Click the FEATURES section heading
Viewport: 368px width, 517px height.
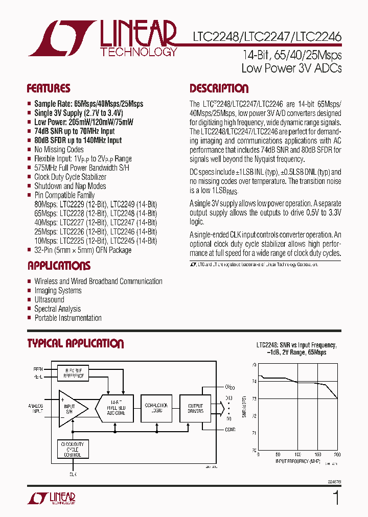(49, 88)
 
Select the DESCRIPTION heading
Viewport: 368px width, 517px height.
(219, 88)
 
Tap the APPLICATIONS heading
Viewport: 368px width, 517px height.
(59, 266)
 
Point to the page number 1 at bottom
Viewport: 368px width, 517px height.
(336, 498)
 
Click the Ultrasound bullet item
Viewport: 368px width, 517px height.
(49, 300)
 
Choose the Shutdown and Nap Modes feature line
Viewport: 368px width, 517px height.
(70, 186)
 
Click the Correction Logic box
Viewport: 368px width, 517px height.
(156, 408)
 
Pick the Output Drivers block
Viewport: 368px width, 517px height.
(196, 408)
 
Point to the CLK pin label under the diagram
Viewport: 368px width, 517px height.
(73, 474)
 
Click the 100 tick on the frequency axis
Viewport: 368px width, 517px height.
(297, 454)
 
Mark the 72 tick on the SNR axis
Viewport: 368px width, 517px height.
(255, 415)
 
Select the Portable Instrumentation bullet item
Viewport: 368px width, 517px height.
(68, 318)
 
